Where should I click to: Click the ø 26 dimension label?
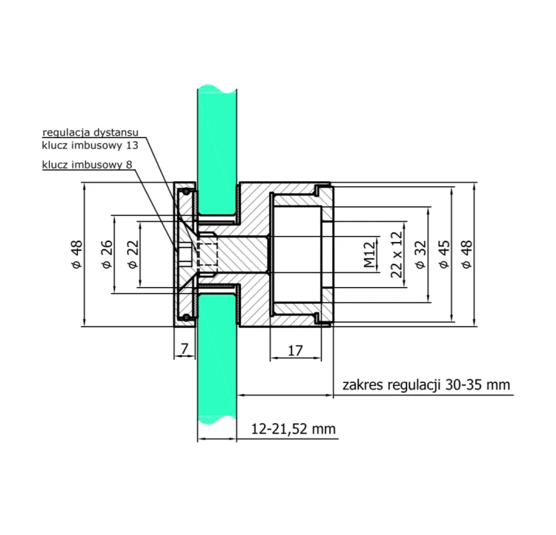107,255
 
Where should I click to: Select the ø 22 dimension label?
133,255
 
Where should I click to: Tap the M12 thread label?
369,255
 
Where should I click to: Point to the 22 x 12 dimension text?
397,255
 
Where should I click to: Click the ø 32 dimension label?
420,255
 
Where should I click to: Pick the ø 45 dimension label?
444,255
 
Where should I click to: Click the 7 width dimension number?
185,349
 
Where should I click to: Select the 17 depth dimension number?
295,351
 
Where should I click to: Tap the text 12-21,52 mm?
294,429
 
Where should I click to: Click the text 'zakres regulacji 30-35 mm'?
426,385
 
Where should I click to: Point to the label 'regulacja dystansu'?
90,133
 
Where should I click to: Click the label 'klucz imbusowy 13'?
90,145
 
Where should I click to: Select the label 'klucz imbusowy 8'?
87,165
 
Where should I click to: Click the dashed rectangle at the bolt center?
207,255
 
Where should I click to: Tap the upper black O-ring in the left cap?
186,192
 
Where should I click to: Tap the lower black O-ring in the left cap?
186,317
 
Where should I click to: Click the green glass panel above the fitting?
217,149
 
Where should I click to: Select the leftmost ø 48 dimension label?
77,255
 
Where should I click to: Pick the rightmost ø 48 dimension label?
467,255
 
